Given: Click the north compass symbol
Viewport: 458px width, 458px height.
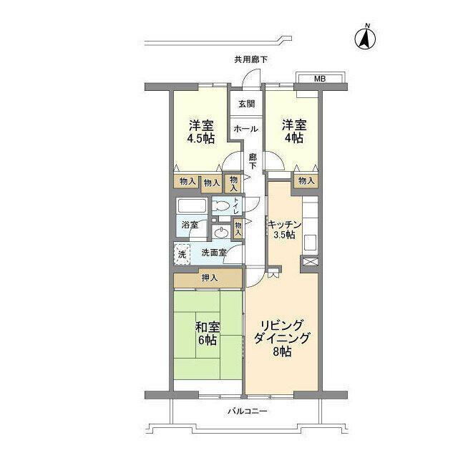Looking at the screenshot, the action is tap(365, 38).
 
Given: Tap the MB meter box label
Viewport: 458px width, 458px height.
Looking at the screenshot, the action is tap(320, 79).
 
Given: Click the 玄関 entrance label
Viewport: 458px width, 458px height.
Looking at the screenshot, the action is tap(247, 104).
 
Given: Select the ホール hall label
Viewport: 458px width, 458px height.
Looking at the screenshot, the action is tap(246, 129).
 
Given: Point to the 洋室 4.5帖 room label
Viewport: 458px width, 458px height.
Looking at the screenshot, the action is tap(201, 132).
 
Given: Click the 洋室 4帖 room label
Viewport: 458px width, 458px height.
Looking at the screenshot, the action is tap(294, 131).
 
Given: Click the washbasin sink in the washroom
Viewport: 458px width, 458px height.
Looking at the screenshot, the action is tap(222, 233).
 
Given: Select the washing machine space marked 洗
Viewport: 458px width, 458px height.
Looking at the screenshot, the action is tap(182, 254).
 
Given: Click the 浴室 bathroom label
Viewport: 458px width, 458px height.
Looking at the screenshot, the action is tap(190, 225).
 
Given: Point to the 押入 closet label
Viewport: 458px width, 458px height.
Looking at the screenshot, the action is tap(210, 278).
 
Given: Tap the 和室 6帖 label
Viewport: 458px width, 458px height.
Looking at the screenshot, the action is tap(207, 333).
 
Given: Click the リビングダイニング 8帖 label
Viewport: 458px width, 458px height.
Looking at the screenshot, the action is tap(281, 338).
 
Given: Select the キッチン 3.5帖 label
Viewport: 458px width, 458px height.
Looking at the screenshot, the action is tap(284, 230).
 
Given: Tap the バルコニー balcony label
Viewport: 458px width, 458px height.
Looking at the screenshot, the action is tap(247, 411).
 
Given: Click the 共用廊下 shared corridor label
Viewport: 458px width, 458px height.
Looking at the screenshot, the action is tap(251, 59).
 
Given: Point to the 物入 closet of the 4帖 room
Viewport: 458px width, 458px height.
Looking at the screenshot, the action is tap(306, 181).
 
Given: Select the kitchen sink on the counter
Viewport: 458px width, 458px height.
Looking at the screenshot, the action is tap(311, 243).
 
